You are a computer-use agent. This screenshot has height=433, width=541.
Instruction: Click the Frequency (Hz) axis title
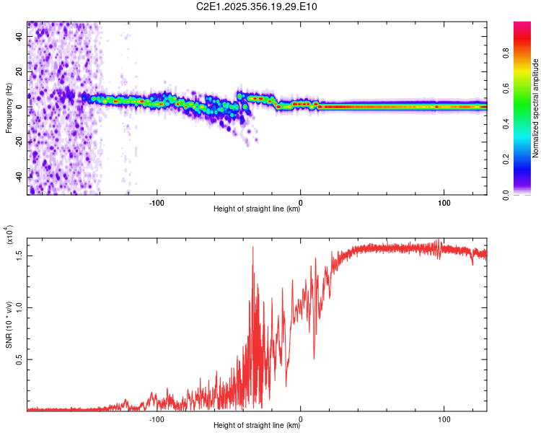tap(9, 108)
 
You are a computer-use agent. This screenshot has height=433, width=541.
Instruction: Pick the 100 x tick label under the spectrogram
tap(445, 203)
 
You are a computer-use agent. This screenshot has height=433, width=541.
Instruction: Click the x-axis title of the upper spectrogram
tap(258, 210)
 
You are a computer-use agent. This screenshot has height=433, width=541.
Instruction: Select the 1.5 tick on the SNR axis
tap(19, 254)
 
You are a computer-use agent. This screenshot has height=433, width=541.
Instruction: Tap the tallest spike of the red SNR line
tap(252, 248)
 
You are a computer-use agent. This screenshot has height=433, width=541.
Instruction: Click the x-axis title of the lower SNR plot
tap(258, 426)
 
